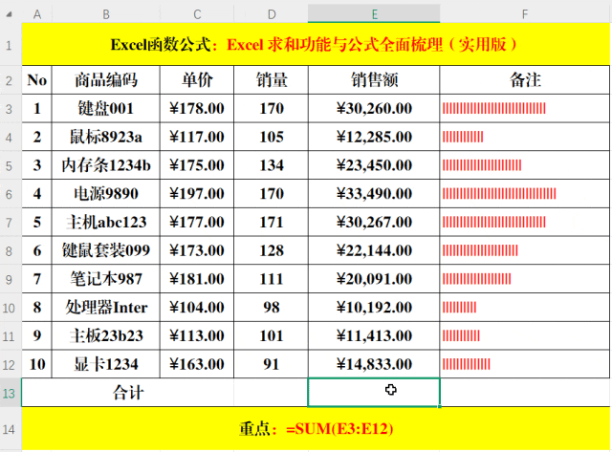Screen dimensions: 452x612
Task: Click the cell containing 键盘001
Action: (x=105, y=109)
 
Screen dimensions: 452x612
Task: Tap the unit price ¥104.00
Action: (x=196, y=308)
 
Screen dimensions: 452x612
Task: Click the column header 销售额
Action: (x=374, y=80)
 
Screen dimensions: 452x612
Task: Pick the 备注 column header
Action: (x=526, y=80)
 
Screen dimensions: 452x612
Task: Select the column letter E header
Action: (x=374, y=13)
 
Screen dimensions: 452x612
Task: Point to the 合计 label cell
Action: (x=128, y=392)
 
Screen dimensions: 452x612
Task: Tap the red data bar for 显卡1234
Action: (x=467, y=364)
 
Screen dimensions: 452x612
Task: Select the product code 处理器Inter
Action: (x=105, y=308)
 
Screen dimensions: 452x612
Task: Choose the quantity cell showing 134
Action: (x=272, y=165)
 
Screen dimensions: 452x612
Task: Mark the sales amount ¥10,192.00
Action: (x=374, y=308)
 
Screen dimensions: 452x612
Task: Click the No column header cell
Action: (x=36, y=80)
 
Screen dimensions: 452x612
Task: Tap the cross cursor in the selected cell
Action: (x=391, y=390)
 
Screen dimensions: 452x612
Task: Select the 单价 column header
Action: (x=196, y=80)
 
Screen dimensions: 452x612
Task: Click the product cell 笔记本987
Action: (x=105, y=279)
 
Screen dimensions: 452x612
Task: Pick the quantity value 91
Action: (x=272, y=364)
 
